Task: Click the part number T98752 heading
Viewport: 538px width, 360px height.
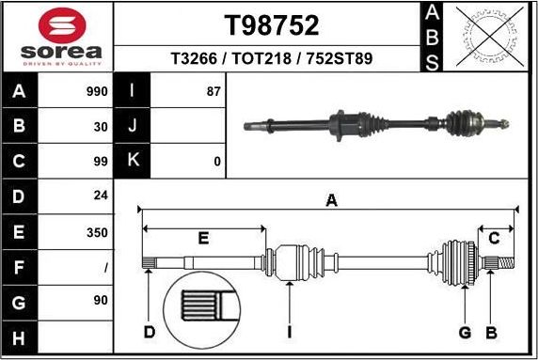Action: click(271, 24)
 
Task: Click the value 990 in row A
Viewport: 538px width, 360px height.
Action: click(96, 92)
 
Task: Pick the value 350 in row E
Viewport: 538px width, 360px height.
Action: click(96, 231)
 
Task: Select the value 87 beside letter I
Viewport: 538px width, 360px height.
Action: click(213, 92)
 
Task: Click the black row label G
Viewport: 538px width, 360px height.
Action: click(20, 301)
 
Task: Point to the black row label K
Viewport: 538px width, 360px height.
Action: click(133, 161)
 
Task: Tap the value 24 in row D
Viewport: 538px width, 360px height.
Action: click(100, 196)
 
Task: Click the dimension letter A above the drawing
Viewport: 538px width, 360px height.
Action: click(331, 199)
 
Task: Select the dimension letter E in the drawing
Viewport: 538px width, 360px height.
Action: click(203, 239)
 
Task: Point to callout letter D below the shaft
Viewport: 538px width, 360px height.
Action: click(149, 331)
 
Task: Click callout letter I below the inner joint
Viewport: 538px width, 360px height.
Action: click(290, 331)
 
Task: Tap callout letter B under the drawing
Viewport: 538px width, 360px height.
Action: click(490, 331)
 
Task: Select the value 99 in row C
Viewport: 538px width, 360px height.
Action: click(100, 162)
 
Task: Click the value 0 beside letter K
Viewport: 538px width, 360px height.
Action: click(216, 162)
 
